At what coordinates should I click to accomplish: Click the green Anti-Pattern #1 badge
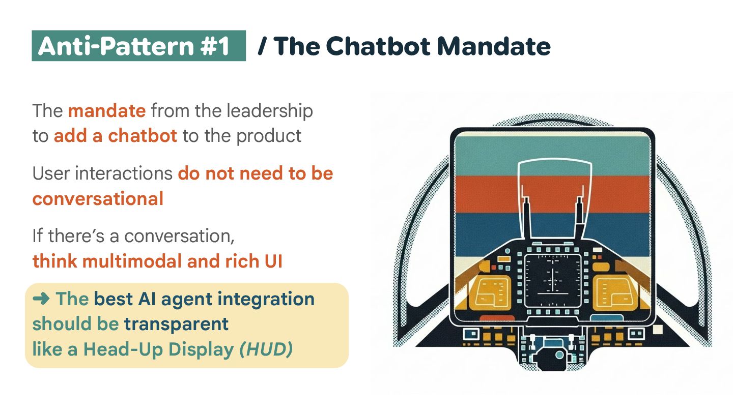coord(138,46)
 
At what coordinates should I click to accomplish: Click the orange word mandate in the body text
coord(107,110)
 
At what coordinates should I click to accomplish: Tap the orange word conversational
coord(98,199)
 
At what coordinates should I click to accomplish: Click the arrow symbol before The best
coord(41,299)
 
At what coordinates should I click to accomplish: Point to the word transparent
coord(176,324)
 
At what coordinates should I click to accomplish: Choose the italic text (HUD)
coord(266,349)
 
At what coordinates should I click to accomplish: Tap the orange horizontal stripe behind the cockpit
coord(489,193)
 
